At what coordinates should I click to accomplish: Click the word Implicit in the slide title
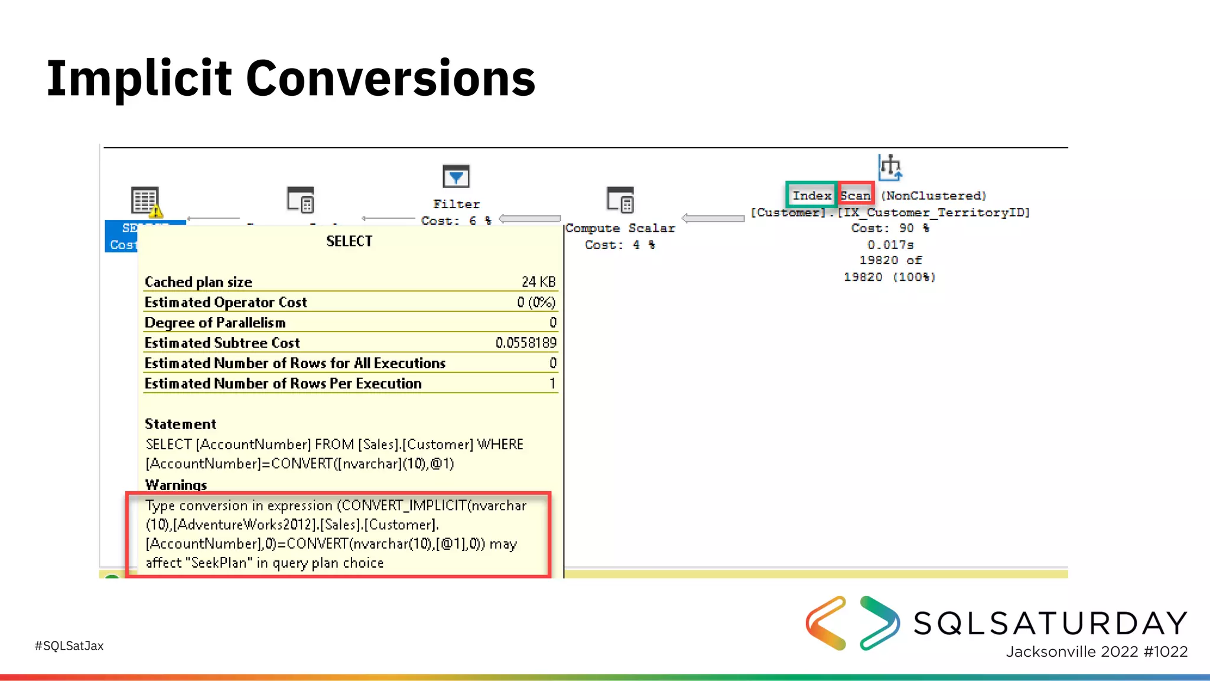pyautogui.click(x=139, y=79)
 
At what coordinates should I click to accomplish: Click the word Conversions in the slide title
pyautogui.click(x=390, y=79)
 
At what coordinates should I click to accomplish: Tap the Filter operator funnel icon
pyautogui.click(x=456, y=176)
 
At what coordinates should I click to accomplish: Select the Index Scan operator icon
pyautogui.click(x=890, y=167)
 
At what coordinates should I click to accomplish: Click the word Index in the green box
pyautogui.click(x=811, y=196)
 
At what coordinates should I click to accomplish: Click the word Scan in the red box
pyautogui.click(x=856, y=196)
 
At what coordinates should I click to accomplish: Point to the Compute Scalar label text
pyautogui.click(x=620, y=228)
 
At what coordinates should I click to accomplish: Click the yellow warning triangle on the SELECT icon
pyautogui.click(x=155, y=210)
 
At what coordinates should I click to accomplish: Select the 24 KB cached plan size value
pyautogui.click(x=538, y=282)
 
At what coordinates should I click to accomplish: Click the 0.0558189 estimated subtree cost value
pyautogui.click(x=526, y=343)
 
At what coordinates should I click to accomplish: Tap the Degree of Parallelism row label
pyautogui.click(x=215, y=323)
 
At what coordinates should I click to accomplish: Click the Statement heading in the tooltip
pyautogui.click(x=180, y=424)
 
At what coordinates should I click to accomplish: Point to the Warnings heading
pyautogui.click(x=176, y=485)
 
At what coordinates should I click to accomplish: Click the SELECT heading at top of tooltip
pyautogui.click(x=349, y=241)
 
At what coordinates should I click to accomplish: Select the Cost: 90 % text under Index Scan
pyautogui.click(x=890, y=228)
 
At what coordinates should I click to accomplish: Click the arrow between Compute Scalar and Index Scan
pyautogui.click(x=713, y=219)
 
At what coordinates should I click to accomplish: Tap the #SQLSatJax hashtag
pyautogui.click(x=69, y=646)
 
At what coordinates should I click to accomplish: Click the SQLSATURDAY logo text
pyautogui.click(x=1050, y=623)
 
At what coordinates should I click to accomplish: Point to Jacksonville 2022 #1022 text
pyautogui.click(x=1097, y=651)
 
